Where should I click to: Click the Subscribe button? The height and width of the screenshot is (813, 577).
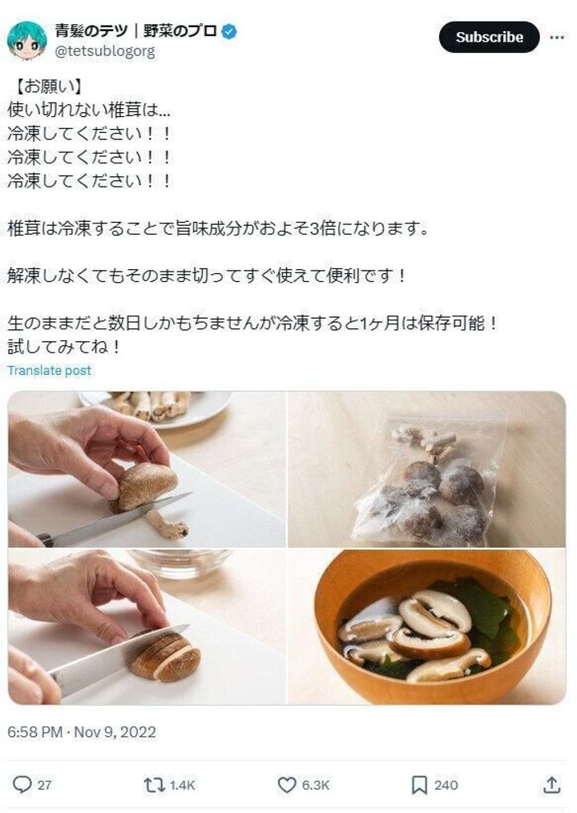point(489,37)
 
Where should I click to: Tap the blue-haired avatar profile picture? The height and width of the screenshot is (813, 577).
point(26,41)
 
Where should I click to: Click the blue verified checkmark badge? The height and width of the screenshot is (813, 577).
point(229,32)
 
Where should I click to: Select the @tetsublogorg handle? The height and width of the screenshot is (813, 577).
point(104,51)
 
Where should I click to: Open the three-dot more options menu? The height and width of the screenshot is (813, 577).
point(556,37)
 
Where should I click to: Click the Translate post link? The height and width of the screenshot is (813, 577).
point(50,370)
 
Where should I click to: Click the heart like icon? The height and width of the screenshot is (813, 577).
point(287,785)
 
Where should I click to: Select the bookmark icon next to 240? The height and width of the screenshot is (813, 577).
point(419,785)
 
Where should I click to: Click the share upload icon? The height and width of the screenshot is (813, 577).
point(551,785)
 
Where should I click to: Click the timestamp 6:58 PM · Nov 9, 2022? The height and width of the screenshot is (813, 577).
point(82,732)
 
